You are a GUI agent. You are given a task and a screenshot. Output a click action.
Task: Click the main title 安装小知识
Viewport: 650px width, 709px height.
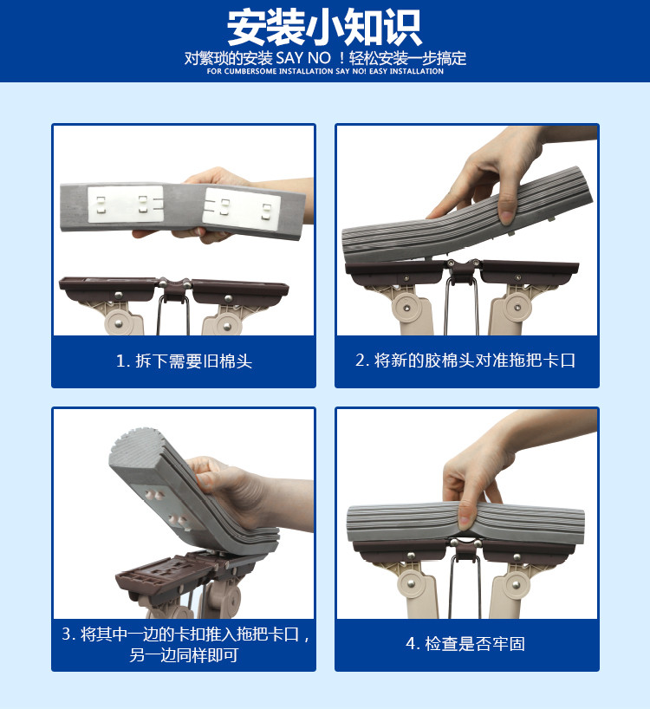coord(324,28)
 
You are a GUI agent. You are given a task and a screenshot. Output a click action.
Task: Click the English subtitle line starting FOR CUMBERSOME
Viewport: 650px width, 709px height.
coord(325,71)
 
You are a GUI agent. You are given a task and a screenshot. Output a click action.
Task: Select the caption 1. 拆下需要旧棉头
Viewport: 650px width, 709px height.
coord(184,361)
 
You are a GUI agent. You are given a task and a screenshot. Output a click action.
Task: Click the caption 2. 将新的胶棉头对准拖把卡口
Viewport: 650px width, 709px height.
coord(465,361)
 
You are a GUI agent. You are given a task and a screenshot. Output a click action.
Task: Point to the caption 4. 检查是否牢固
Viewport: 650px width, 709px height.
coord(465,643)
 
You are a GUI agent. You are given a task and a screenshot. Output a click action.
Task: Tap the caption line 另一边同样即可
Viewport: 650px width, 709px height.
coord(184,654)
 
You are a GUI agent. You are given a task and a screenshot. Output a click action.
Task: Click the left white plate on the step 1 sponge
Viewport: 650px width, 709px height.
coord(125,204)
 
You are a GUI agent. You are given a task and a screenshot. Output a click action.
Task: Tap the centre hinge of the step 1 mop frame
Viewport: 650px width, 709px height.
coord(174,289)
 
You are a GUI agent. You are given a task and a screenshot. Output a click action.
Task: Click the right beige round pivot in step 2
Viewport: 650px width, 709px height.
coord(517,308)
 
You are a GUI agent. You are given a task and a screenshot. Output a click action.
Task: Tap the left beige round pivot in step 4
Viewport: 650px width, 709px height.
coord(412,583)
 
